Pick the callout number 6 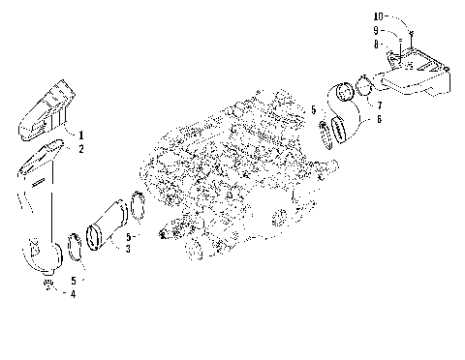pyautogui.click(x=379, y=118)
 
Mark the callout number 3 pyautogui.click(x=128, y=249)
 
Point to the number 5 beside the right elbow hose pyautogui.click(x=314, y=111)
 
